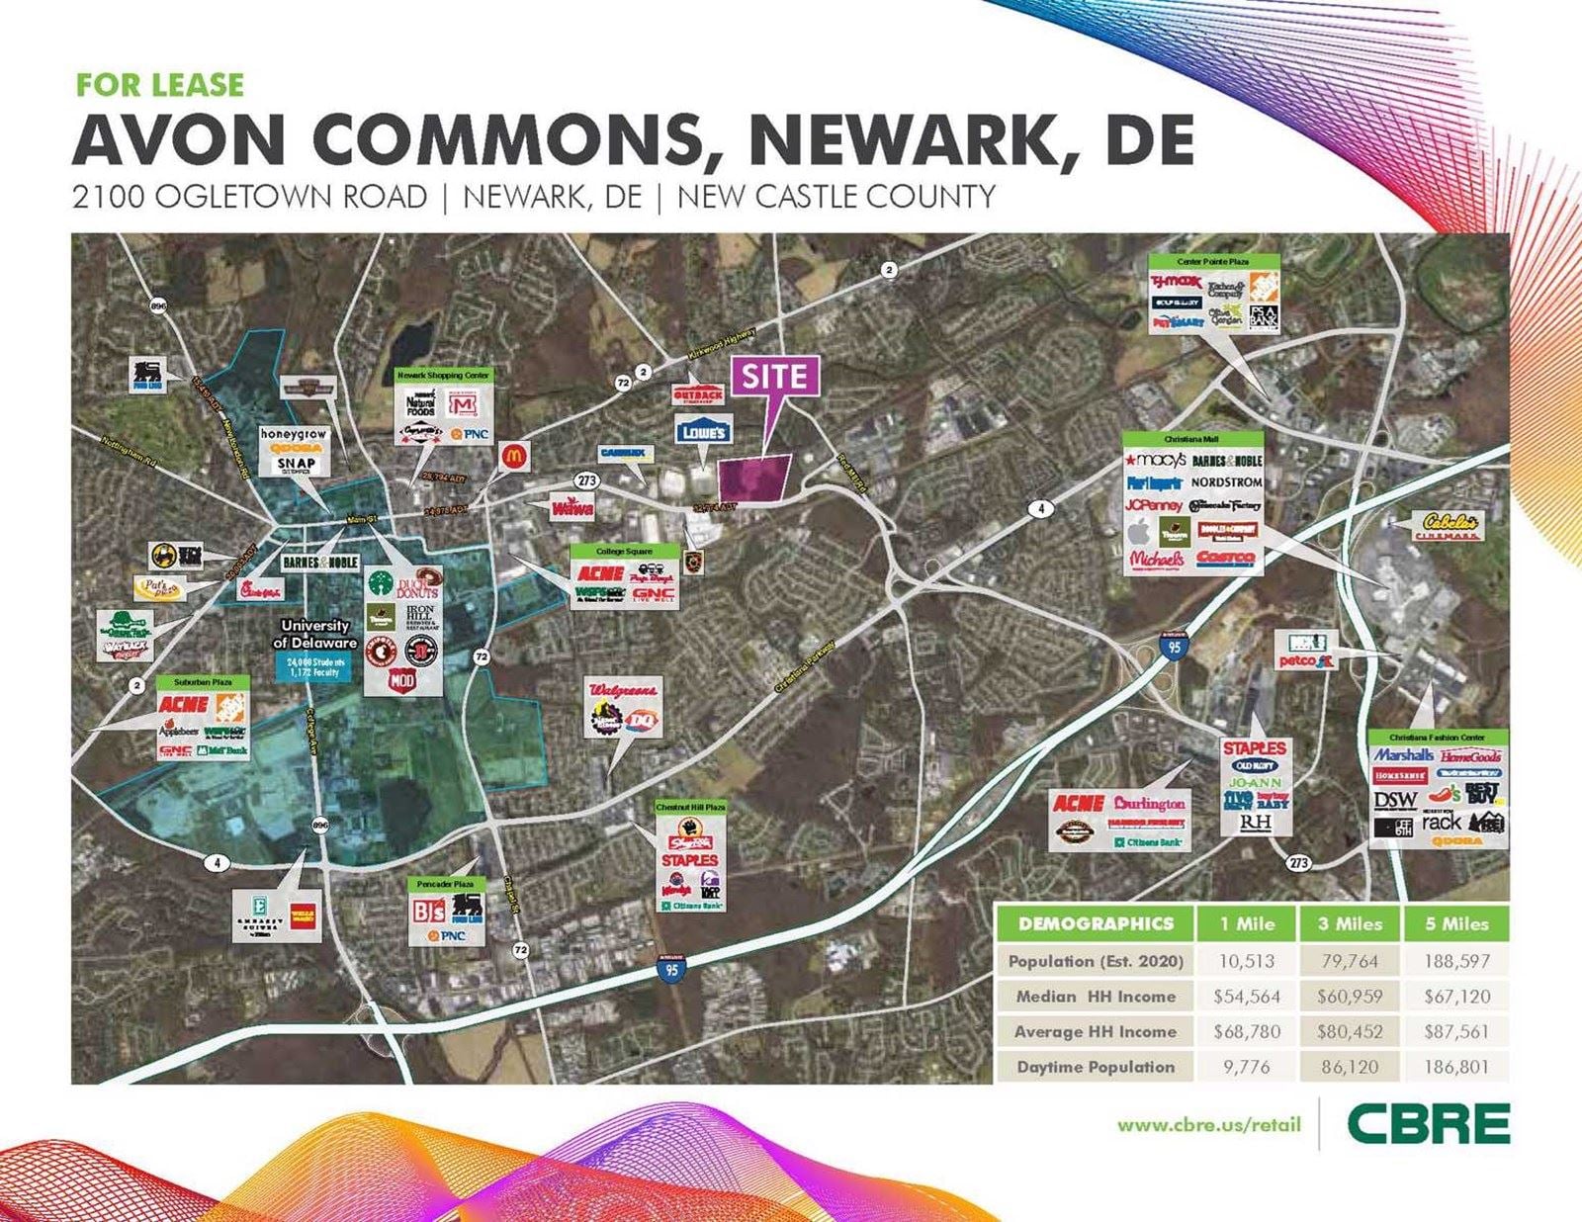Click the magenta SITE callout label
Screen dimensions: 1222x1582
pyautogui.click(x=774, y=377)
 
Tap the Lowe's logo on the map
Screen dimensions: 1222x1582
pyautogui.click(x=703, y=430)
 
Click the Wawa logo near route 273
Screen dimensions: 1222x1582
pyautogui.click(x=571, y=507)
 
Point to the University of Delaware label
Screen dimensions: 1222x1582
pyautogui.click(x=314, y=634)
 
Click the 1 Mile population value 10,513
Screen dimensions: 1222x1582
pyautogui.click(x=1246, y=961)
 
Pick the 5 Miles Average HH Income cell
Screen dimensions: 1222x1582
pyautogui.click(x=1455, y=1031)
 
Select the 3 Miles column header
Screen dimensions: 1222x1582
pyautogui.click(x=1349, y=923)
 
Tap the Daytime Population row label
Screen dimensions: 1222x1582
pyautogui.click(x=1096, y=1067)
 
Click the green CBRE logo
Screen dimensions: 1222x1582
pyautogui.click(x=1428, y=1124)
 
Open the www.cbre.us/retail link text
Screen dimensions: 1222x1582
pyautogui.click(x=1208, y=1125)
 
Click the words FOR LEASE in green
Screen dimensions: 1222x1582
pyautogui.click(x=160, y=85)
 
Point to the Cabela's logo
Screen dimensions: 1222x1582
pyautogui.click(x=1451, y=524)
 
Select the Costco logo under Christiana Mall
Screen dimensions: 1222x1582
pyautogui.click(x=1224, y=559)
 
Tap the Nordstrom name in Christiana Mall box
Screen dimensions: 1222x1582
pyautogui.click(x=1226, y=482)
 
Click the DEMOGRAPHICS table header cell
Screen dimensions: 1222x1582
pyautogui.click(x=1095, y=923)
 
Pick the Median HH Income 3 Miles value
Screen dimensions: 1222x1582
pyautogui.click(x=1349, y=997)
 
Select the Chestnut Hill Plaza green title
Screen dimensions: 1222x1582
pyautogui.click(x=690, y=807)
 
